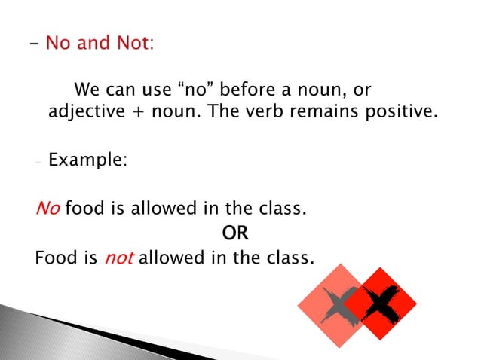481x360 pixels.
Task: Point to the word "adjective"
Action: pos(83,113)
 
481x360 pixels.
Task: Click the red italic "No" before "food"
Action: pos(47,209)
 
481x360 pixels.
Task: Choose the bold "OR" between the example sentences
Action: pos(236,233)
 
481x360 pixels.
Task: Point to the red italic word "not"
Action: pos(118,258)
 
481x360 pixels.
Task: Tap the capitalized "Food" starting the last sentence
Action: pos(56,258)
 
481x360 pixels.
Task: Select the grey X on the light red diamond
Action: pos(337,306)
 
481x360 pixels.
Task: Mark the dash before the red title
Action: pos(35,43)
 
